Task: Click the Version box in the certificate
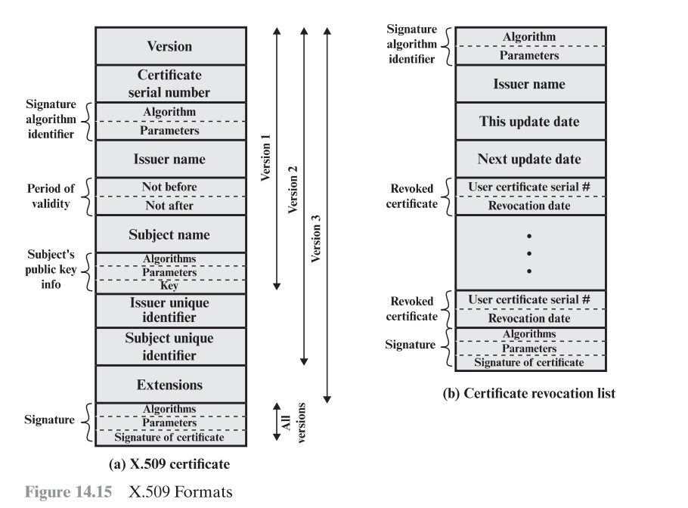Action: (169, 46)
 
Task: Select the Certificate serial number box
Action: (169, 84)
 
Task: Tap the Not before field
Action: (169, 187)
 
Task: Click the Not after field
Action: (169, 205)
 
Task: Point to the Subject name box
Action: (169, 234)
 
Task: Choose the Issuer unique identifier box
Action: (169, 310)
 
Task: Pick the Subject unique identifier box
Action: (169, 347)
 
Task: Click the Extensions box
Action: (169, 385)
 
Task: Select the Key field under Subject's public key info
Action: (169, 287)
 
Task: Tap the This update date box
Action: (529, 122)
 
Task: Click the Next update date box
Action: (529, 160)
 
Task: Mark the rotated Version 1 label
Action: (266, 159)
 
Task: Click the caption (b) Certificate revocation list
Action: (529, 393)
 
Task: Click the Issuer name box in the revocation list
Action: (529, 84)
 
